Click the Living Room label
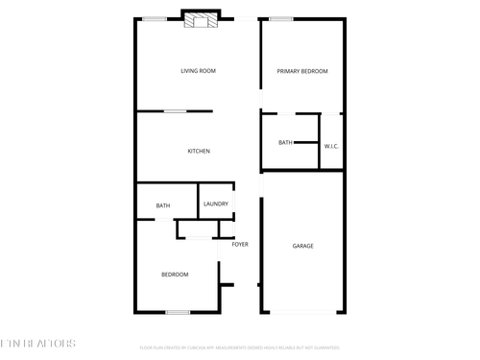(x=198, y=71)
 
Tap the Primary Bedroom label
(x=302, y=71)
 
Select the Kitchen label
(x=199, y=152)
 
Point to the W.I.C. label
(x=331, y=146)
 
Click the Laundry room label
(x=215, y=204)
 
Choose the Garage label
(x=302, y=246)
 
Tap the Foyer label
(x=240, y=244)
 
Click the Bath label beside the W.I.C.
(x=285, y=143)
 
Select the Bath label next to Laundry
(x=163, y=205)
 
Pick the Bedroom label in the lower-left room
(x=174, y=275)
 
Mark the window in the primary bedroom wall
(x=281, y=19)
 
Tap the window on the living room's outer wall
(x=154, y=19)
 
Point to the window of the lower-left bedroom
(x=177, y=311)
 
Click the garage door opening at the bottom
(x=301, y=311)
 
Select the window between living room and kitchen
(x=175, y=111)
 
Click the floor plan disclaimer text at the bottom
(x=239, y=347)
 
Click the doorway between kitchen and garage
(x=260, y=182)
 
